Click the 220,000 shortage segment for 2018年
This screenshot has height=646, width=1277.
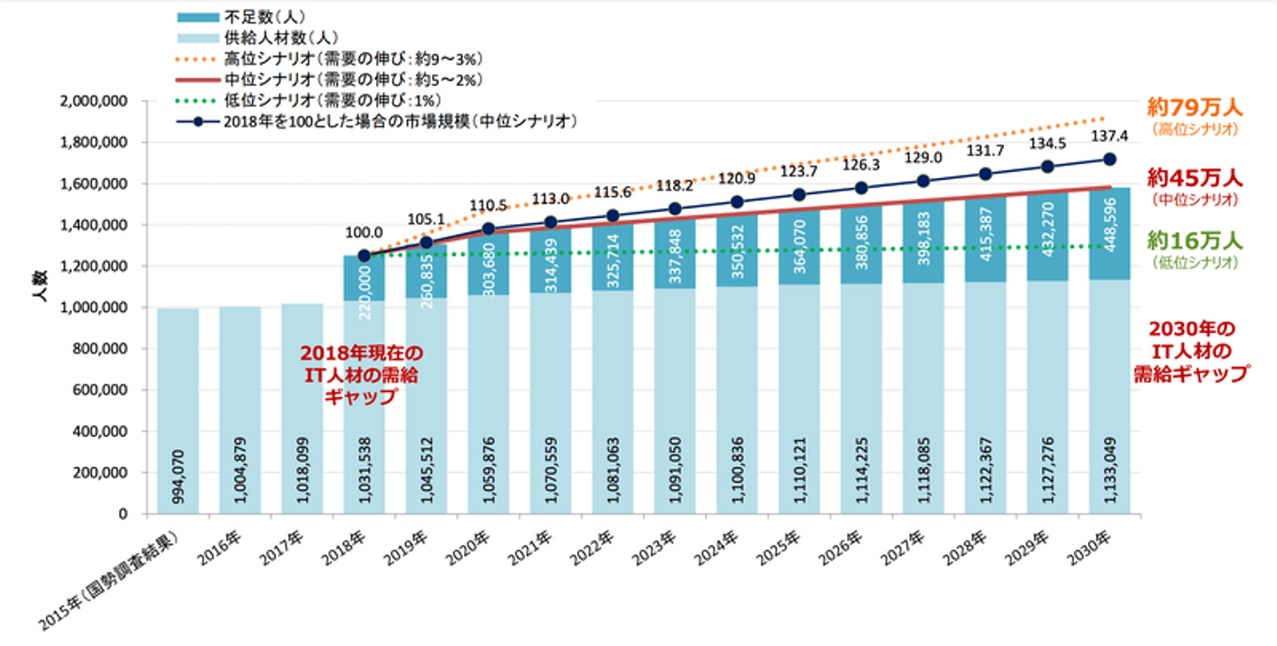[364, 278]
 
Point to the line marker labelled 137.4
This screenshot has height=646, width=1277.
[1109, 160]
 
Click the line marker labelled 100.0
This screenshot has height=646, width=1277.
[364, 255]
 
